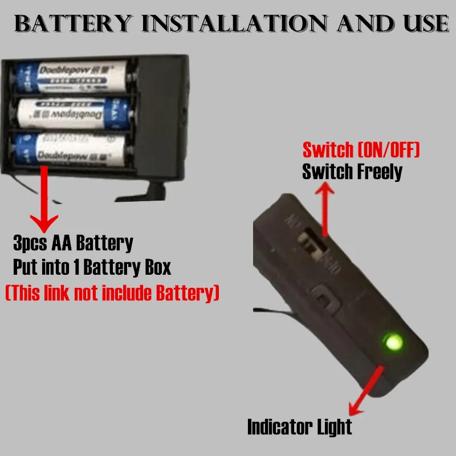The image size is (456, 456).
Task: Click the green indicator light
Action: pos(392,343)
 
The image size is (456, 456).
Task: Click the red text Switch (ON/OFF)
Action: pos(361,151)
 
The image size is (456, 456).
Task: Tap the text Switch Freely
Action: pos(352,171)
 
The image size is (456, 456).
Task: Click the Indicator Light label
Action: pos(299,426)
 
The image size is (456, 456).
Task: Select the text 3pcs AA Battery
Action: pos(73,243)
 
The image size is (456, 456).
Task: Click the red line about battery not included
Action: pos(112,293)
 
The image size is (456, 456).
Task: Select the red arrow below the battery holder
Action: pos(42,199)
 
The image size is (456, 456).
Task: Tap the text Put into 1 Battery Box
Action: pos(91,267)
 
